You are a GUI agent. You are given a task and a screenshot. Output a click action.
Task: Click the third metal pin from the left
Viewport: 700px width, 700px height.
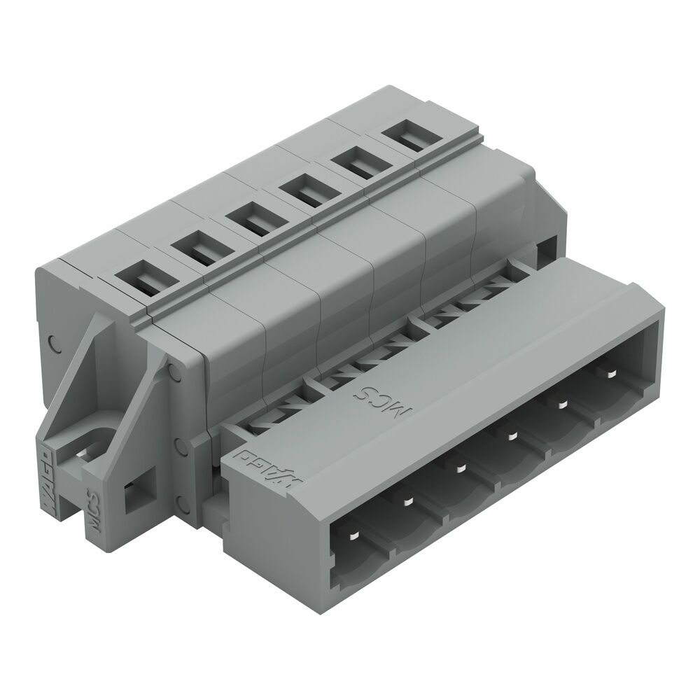(x=460, y=467)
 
